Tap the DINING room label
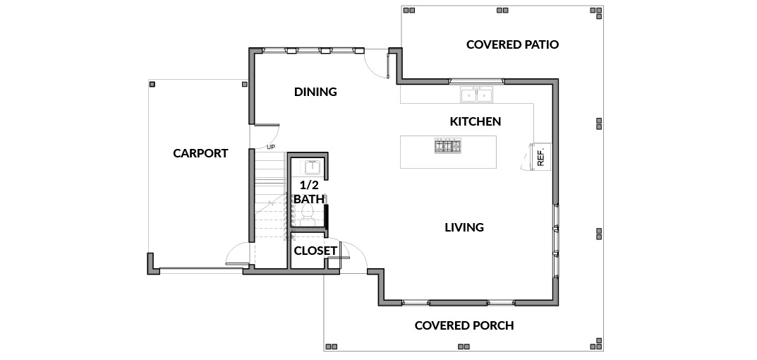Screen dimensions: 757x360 point(316,92)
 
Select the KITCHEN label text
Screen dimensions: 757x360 point(476,121)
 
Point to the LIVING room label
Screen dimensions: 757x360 point(464,227)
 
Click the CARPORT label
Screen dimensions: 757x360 point(200,154)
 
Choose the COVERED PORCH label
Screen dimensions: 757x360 point(464,325)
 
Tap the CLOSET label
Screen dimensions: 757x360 point(315,251)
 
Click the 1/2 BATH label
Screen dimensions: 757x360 point(309,192)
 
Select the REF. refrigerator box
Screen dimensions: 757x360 point(540,157)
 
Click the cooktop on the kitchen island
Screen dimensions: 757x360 point(448,146)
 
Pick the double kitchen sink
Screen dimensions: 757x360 point(476,95)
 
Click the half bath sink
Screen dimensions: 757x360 point(312,168)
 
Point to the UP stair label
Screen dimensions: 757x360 point(271,147)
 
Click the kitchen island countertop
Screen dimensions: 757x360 point(448,152)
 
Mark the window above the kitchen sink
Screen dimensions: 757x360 point(476,80)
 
